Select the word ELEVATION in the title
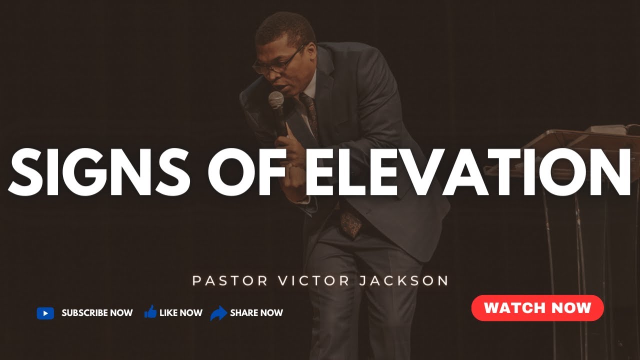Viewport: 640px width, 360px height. pyautogui.click(x=467, y=166)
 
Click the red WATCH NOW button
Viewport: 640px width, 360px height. pyautogui.click(x=537, y=307)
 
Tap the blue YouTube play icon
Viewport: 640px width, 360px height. pyautogui.click(x=45, y=313)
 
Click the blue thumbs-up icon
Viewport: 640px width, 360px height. pyautogui.click(x=150, y=312)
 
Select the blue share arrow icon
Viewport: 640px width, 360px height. pyautogui.click(x=218, y=313)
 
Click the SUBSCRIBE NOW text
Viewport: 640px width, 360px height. pyautogui.click(x=97, y=313)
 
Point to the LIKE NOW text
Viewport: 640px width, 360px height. pyautogui.click(x=180, y=313)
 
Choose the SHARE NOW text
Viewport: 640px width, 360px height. pyautogui.click(x=256, y=313)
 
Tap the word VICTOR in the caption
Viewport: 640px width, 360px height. pyautogui.click(x=306, y=280)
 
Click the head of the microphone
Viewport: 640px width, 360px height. pyautogui.click(x=276, y=99)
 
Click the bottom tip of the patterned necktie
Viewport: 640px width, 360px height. pyautogui.click(x=351, y=233)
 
